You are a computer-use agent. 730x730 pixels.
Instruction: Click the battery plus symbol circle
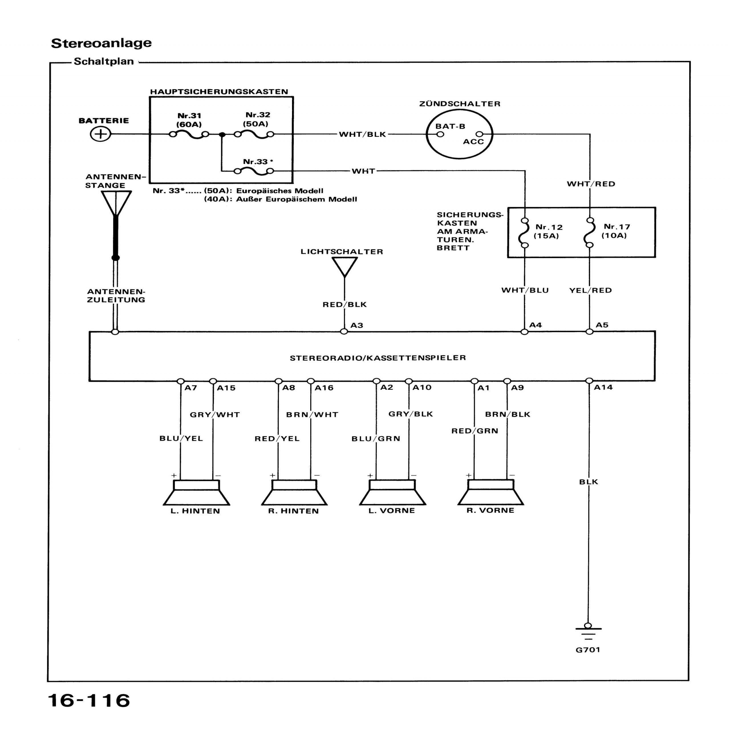[x=100, y=134]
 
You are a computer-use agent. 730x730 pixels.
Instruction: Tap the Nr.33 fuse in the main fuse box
[x=254, y=171]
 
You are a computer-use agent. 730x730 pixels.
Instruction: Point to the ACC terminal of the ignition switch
[x=479, y=134]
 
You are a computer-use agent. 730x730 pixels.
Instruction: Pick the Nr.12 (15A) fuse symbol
[x=524, y=233]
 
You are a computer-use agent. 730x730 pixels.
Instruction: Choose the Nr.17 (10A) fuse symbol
[x=589, y=232]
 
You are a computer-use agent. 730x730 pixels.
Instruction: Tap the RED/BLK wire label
[x=344, y=305]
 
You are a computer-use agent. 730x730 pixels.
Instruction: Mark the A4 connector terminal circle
[x=524, y=332]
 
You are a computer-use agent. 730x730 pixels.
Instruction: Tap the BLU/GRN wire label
[x=376, y=439]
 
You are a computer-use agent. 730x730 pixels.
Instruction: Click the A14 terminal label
[x=603, y=387]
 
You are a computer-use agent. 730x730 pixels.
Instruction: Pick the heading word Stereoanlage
[x=101, y=43]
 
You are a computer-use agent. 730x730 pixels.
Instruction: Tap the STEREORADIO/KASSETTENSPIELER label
[x=378, y=358]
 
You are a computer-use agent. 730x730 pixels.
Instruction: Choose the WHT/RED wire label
[x=591, y=184]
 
